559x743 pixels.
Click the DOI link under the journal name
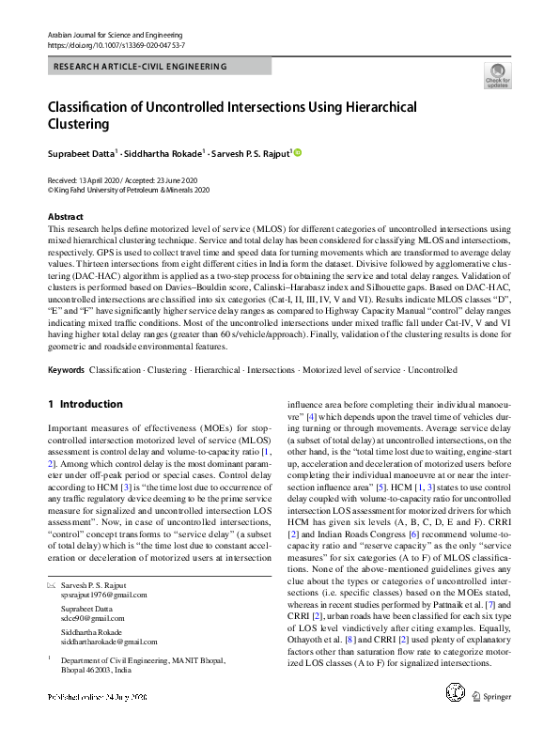pyautogui.click(x=116, y=44)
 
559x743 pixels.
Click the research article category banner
pyautogui.click(x=140, y=68)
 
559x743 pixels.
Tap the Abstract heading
pyautogui.click(x=65, y=217)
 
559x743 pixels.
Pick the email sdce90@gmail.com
pyautogui.click(x=93, y=619)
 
